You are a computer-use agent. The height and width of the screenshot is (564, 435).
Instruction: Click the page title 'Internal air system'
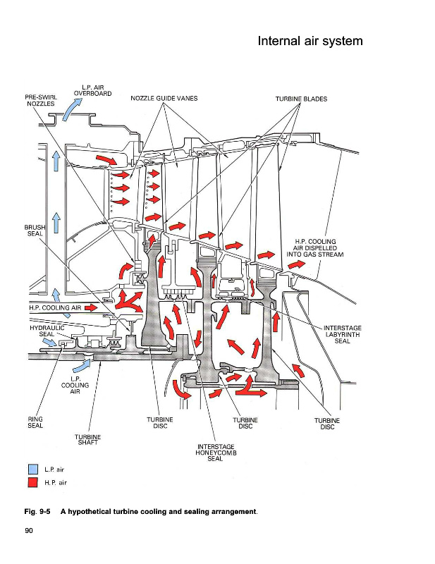click(310, 41)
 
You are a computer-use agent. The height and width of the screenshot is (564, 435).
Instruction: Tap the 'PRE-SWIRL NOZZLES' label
click(41, 100)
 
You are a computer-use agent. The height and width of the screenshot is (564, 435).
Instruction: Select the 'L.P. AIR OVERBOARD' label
click(93, 91)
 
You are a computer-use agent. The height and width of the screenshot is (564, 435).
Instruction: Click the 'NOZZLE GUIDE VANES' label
click(164, 98)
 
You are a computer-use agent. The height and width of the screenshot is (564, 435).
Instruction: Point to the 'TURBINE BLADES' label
click(302, 99)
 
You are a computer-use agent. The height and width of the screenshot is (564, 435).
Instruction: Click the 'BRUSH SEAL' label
click(35, 231)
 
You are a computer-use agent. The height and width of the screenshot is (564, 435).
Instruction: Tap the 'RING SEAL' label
click(35, 422)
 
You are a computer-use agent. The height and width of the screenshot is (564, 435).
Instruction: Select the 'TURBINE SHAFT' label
click(88, 439)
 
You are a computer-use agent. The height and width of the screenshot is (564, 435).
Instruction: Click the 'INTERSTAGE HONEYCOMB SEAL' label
click(216, 453)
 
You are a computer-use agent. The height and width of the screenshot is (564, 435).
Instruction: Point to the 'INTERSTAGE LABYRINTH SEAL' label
click(343, 334)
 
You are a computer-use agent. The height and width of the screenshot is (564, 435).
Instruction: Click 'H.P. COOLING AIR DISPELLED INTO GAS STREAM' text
click(315, 248)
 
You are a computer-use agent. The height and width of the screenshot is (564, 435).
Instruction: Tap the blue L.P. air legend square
click(32, 470)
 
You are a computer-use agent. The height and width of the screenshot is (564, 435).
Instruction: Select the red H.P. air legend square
click(32, 482)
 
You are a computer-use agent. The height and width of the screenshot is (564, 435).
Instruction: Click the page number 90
click(29, 531)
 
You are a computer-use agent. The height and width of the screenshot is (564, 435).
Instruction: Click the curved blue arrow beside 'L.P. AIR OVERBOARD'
click(72, 109)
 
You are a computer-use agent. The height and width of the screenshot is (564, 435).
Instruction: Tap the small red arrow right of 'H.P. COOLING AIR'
click(92, 307)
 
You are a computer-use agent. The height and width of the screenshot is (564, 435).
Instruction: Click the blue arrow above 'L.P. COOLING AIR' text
click(82, 366)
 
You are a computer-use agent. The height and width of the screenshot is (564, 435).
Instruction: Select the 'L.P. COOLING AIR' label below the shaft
click(75, 385)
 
